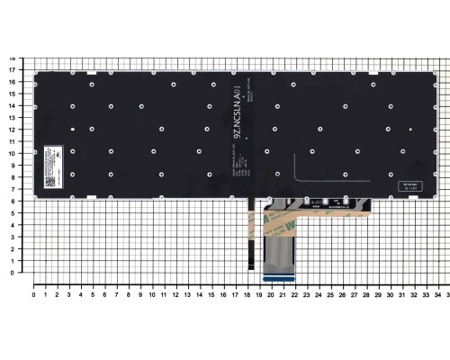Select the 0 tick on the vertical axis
[x=11, y=272]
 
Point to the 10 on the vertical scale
[x=11, y=153]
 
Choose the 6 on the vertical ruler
[x=11, y=201]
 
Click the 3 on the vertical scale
[x=11, y=236]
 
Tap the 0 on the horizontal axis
[x=34, y=294]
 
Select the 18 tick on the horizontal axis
[x=247, y=294]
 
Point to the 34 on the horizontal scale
[x=436, y=294]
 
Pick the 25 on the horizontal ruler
[x=329, y=294]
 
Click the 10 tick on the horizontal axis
[x=152, y=294]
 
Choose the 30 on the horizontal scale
[x=389, y=294]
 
